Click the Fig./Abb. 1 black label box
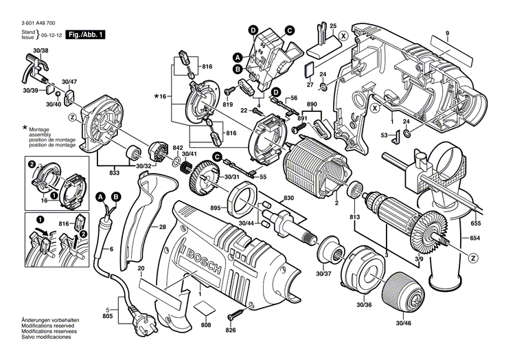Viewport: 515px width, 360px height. point(85,34)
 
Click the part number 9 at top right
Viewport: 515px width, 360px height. point(446,34)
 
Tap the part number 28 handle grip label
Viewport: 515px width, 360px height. point(163,227)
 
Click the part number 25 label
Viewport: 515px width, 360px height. point(333,27)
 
